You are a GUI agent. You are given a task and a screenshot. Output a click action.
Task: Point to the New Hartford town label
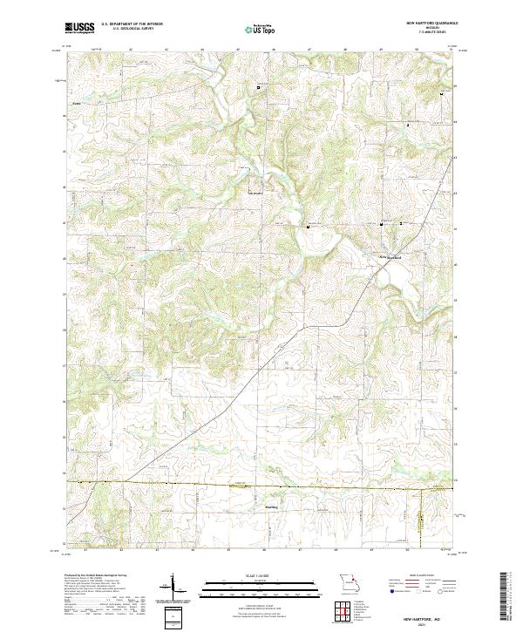(x=389, y=257)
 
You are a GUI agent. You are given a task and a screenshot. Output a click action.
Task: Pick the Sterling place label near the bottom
(x=270, y=505)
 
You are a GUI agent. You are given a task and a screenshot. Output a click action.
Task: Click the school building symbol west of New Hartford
(x=308, y=226)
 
